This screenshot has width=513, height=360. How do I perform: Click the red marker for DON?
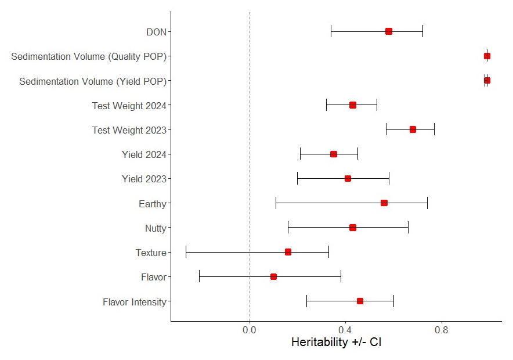click(x=389, y=31)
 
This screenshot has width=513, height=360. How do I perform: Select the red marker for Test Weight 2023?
click(x=413, y=129)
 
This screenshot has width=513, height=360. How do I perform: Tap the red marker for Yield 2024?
click(x=334, y=154)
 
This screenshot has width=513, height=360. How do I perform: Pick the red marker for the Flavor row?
click(x=273, y=277)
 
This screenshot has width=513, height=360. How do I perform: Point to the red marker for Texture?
click(x=288, y=252)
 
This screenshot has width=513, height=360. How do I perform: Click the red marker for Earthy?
click(x=384, y=203)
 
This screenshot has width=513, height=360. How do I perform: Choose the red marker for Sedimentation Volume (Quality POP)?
click(x=487, y=56)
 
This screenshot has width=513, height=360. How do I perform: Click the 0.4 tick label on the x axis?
click(x=345, y=330)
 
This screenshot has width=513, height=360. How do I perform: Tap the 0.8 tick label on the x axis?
click(x=442, y=330)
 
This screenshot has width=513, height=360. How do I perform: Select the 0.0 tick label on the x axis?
click(x=250, y=330)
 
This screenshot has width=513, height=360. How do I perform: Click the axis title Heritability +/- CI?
click(x=336, y=343)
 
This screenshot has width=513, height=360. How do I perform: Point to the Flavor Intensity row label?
click(x=134, y=302)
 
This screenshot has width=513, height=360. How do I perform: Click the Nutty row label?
click(x=156, y=228)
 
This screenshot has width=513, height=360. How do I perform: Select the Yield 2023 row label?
click(x=144, y=179)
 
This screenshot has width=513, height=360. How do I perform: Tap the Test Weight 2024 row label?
click(x=129, y=106)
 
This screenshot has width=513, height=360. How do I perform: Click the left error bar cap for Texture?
click(x=186, y=252)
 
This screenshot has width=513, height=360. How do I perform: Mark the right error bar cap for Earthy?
click(x=427, y=203)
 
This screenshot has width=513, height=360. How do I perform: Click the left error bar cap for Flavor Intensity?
click(x=306, y=301)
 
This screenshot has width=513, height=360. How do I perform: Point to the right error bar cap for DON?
click(x=422, y=31)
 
